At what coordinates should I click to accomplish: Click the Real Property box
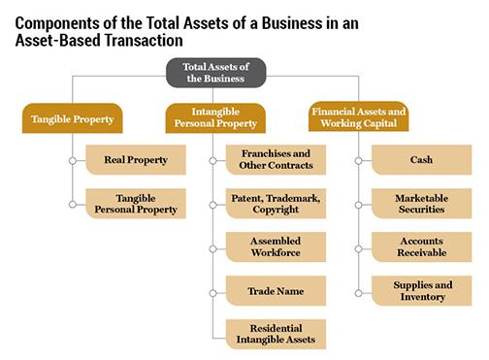point(135,160)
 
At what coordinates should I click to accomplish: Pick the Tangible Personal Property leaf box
point(135,203)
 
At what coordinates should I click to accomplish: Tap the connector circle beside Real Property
point(72,160)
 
